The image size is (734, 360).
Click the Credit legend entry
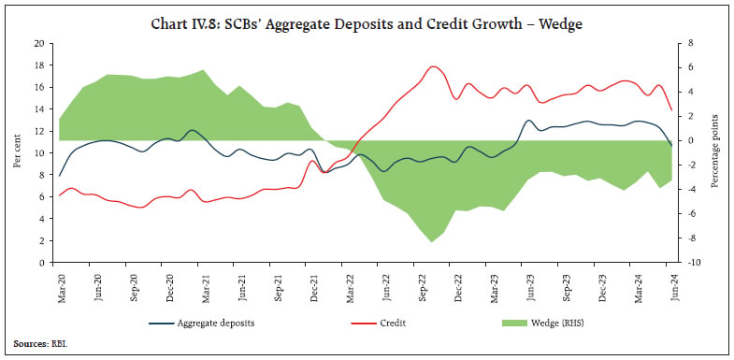click(395, 324)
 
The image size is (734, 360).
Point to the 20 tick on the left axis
click(39, 43)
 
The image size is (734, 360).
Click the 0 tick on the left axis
click(42, 263)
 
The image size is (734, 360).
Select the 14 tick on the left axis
click(39, 108)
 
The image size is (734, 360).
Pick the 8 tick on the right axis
click(689, 43)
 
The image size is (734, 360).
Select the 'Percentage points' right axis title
click(716, 153)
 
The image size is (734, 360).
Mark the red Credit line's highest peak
click(433, 66)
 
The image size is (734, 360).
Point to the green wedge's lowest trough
click(432, 242)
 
